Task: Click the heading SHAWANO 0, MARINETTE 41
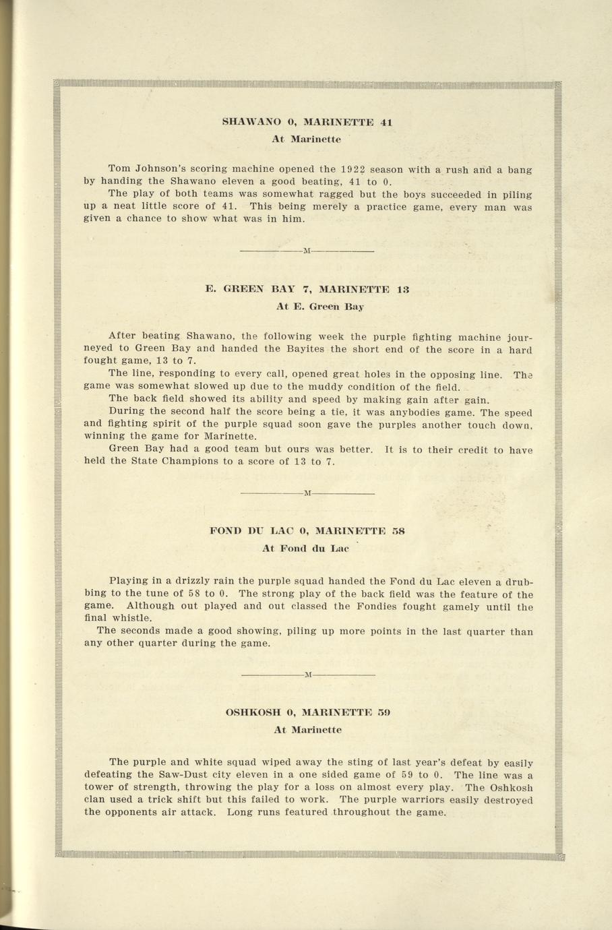(307, 123)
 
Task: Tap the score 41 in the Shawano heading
(386, 123)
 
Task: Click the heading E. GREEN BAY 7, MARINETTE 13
(307, 289)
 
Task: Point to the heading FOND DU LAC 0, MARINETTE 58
(307, 530)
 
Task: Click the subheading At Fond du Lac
(305, 548)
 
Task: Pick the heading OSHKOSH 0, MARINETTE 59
(307, 712)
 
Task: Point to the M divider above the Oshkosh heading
(307, 675)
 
